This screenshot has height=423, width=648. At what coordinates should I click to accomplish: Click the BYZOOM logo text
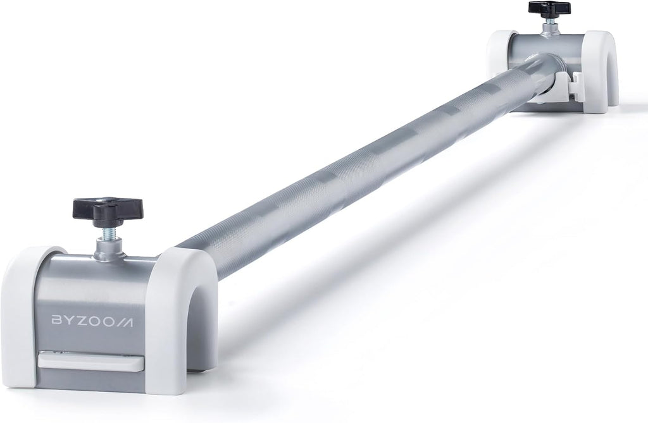click(x=92, y=321)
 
